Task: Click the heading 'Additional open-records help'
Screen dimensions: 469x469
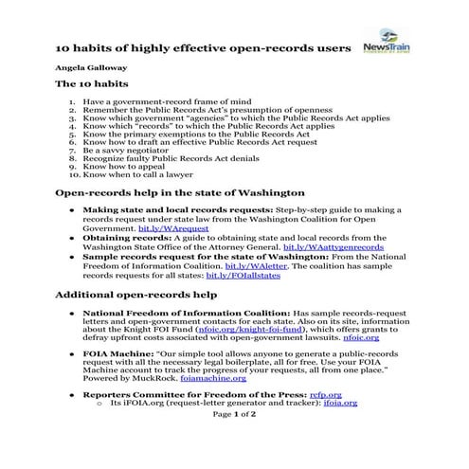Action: (x=135, y=296)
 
